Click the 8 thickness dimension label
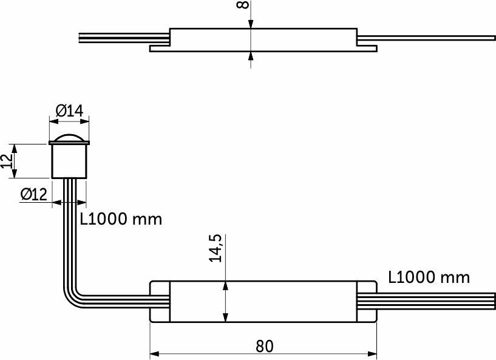click(243, 5)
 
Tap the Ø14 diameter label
click(70, 111)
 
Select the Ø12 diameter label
click(34, 194)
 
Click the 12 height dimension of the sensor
click(6, 161)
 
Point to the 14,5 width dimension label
click(216, 248)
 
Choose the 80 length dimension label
click(264, 347)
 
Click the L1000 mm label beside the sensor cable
click(121, 219)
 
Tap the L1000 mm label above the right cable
click(429, 277)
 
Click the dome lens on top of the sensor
click(69, 138)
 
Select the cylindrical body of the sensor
click(69, 161)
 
